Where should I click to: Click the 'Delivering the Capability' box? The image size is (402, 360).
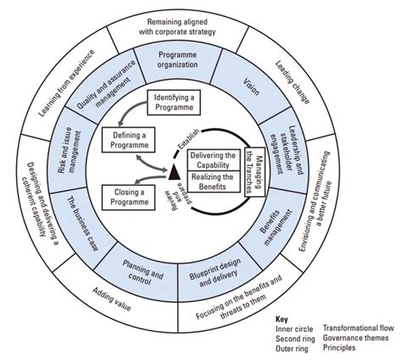pos(213,160)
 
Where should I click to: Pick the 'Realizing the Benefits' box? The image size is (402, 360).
pos(213,181)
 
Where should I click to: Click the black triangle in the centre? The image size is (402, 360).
pos(175,173)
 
